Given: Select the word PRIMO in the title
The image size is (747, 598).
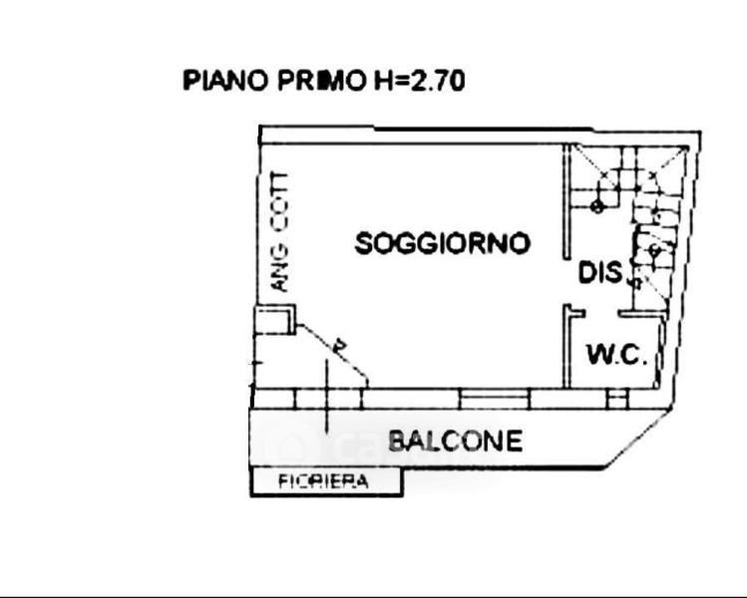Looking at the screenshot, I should pyautogui.click(x=313, y=81).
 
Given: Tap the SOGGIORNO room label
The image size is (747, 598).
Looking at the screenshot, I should pyautogui.click(x=443, y=243).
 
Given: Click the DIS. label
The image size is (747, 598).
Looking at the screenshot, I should pyautogui.click(x=602, y=270).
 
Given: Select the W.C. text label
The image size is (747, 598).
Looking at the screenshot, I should pyautogui.click(x=617, y=354).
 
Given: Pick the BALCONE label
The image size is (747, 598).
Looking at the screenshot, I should pyautogui.click(x=455, y=441).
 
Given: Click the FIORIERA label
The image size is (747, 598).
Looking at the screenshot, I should pyautogui.click(x=323, y=482).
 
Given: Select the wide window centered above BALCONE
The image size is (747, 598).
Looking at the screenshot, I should pyautogui.click(x=495, y=399).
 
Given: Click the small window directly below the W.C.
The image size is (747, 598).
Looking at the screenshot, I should pyautogui.click(x=617, y=399).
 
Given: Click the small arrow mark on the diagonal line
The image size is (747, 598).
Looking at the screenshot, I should pyautogui.click(x=341, y=345).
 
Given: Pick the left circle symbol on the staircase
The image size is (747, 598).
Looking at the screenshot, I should pyautogui.click(x=596, y=207).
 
